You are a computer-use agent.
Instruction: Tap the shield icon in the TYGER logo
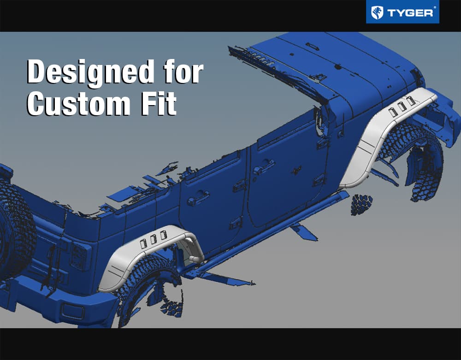coord(377,12)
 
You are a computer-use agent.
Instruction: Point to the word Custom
coord(78,103)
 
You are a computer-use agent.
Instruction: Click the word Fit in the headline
coord(158,103)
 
